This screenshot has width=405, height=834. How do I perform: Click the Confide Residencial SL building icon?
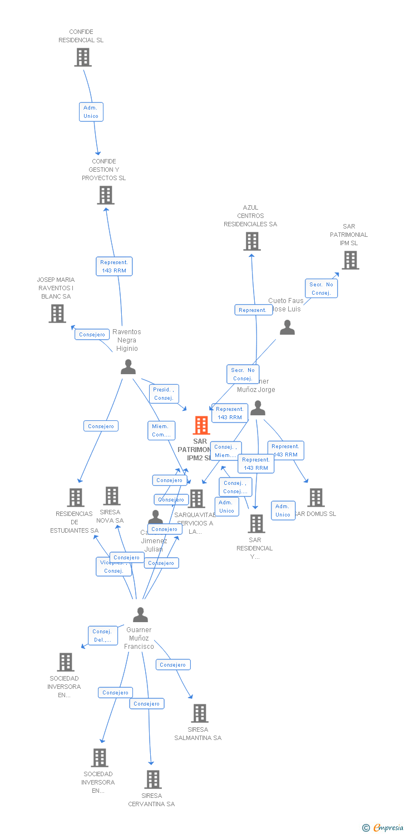[x=83, y=57]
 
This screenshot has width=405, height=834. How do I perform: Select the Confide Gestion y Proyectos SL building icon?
[x=106, y=195]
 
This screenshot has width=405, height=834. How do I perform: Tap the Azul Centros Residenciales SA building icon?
[x=251, y=241]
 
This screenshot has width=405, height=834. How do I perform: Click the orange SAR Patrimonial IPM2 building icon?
[x=201, y=425]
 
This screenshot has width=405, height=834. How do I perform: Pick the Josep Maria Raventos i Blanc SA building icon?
[x=57, y=314]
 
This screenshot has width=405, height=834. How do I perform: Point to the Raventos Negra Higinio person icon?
[x=128, y=367]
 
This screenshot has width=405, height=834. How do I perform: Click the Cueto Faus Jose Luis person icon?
[x=287, y=327]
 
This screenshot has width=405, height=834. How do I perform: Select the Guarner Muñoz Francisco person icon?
[x=140, y=615]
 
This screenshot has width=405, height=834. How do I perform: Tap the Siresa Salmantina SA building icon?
[x=199, y=713]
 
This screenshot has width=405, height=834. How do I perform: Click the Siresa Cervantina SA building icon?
[x=153, y=780]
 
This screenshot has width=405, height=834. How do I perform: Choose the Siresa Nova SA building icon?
[x=112, y=496]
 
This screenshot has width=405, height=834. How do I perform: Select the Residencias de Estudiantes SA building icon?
[x=75, y=498]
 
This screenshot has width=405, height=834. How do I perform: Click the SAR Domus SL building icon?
[x=316, y=498]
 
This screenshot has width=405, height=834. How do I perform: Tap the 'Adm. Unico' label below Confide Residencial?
[x=91, y=112]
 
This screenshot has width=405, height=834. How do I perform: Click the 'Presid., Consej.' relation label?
[x=164, y=394]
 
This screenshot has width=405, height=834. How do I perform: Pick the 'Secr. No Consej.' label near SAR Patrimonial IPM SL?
[x=321, y=289]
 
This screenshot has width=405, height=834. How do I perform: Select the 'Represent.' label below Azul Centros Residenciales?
[x=253, y=310]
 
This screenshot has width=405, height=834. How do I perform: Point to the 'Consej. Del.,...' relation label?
[x=103, y=636]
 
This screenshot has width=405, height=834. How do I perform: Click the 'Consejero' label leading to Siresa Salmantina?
[x=173, y=664]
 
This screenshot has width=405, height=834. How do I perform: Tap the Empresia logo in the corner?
[x=383, y=828]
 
